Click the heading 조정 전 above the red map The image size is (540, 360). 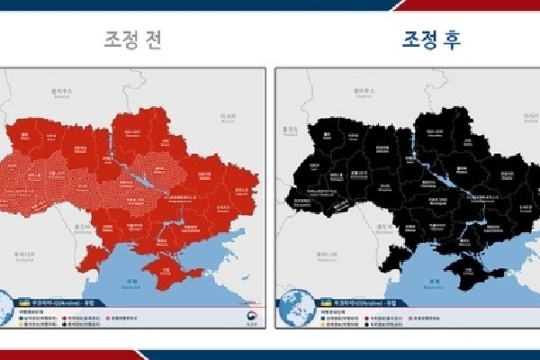136,41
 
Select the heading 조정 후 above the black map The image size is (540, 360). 409,41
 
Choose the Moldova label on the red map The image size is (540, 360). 79,229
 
